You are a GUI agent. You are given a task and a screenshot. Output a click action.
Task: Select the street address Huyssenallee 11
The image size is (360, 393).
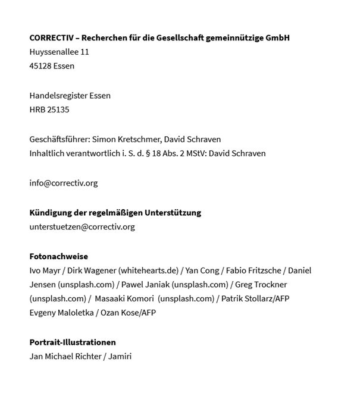point(59,52)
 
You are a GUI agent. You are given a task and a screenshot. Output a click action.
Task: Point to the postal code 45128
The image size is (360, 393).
point(40,66)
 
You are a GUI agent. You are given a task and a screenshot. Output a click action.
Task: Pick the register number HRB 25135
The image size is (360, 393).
point(49,109)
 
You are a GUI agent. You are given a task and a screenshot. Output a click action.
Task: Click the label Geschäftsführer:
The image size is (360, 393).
point(59,139)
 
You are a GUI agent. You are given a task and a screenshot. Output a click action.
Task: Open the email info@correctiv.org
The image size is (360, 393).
point(63,183)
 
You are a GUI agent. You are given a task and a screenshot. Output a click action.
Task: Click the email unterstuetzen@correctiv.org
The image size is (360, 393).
point(82,227)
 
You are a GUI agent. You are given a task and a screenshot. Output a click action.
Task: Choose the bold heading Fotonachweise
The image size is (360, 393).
point(59,256)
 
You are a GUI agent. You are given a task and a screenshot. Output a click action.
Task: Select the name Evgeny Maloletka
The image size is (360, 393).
point(61,313)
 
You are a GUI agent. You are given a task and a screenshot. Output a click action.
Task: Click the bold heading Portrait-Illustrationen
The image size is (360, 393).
point(73,342)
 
